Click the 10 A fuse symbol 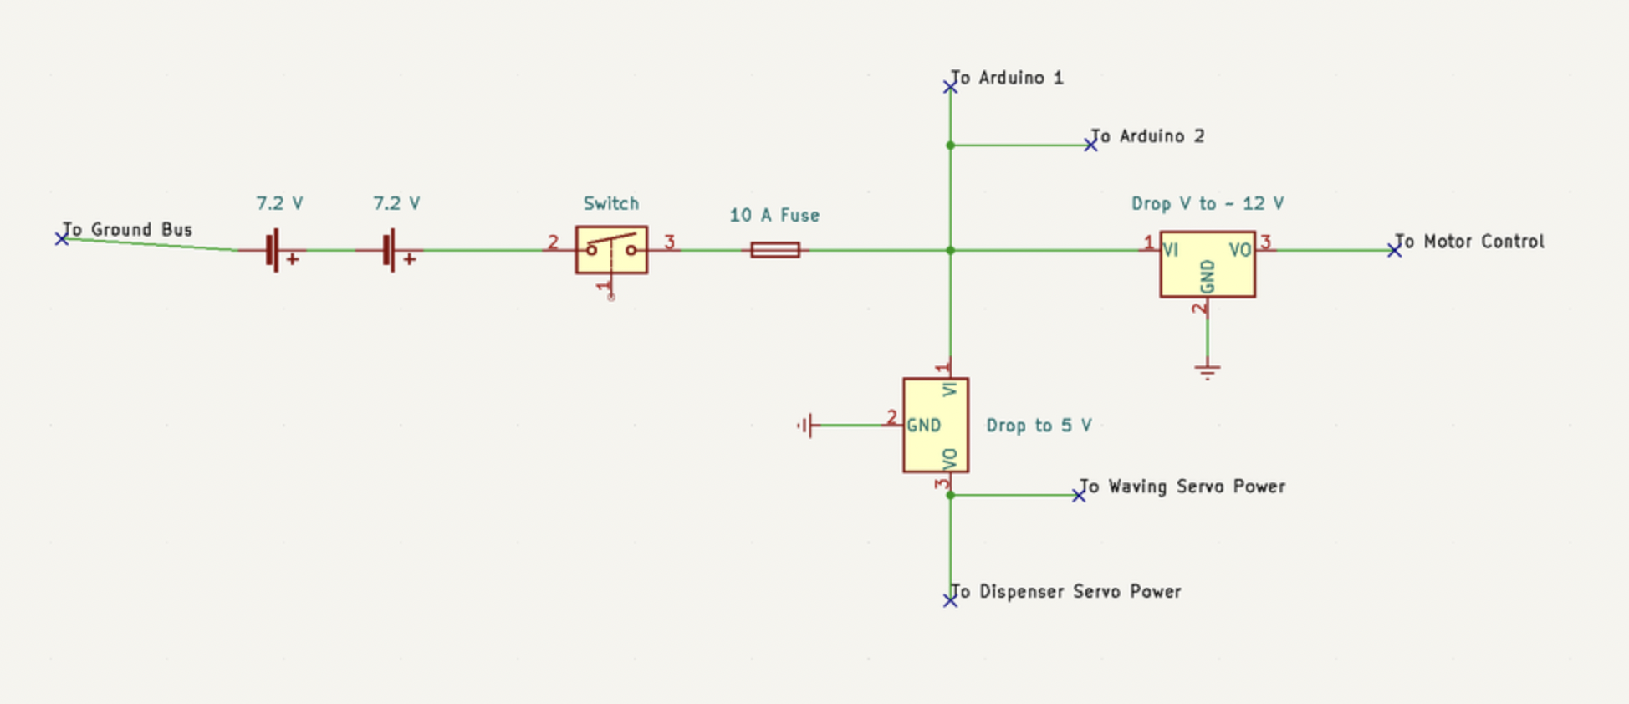tap(775, 250)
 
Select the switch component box tap(611, 249)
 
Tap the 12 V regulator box tap(1207, 264)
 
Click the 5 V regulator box tap(936, 425)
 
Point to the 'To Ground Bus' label tap(128, 229)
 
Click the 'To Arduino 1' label tap(1008, 78)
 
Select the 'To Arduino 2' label tap(1148, 136)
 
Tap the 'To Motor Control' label tap(1470, 242)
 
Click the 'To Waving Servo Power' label tap(1182, 487)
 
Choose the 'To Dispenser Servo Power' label tap(1067, 592)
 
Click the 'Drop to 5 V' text tap(1039, 426)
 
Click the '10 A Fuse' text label tap(774, 215)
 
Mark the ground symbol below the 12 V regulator tap(1207, 370)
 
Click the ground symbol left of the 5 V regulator tap(805, 426)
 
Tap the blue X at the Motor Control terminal tap(1394, 250)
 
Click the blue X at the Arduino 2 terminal tap(1090, 145)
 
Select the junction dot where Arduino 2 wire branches tap(950, 145)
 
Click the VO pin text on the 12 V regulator tap(1239, 250)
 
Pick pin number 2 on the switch tap(553, 242)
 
